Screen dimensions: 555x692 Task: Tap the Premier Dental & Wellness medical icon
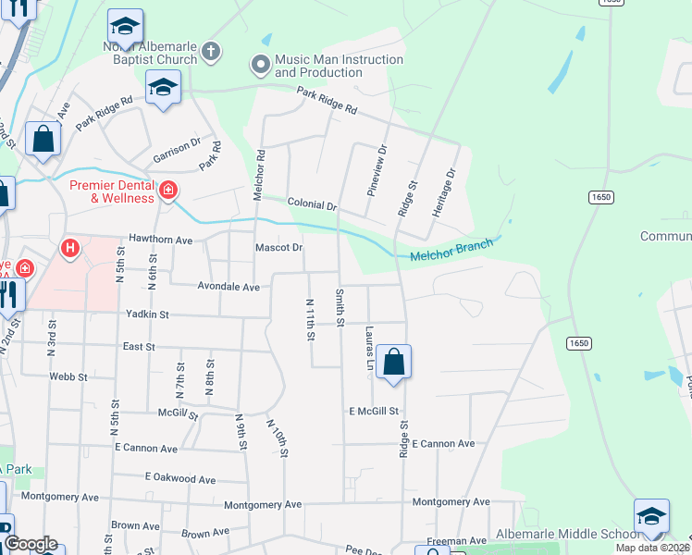[168, 191]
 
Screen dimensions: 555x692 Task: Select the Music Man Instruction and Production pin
[260, 66]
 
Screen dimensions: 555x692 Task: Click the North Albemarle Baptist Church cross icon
[212, 52]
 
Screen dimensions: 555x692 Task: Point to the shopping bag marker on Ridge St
[394, 363]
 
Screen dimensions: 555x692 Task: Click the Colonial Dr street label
[312, 203]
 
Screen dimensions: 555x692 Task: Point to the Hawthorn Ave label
[160, 240]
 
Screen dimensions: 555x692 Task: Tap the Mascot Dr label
[278, 248]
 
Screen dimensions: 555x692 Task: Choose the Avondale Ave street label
[229, 287]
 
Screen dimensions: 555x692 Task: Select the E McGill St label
[374, 411]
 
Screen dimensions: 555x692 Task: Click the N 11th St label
[309, 318]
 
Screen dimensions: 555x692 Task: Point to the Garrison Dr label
[177, 150]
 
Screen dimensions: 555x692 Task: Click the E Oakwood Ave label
[180, 478]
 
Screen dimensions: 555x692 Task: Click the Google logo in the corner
[30, 544]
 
